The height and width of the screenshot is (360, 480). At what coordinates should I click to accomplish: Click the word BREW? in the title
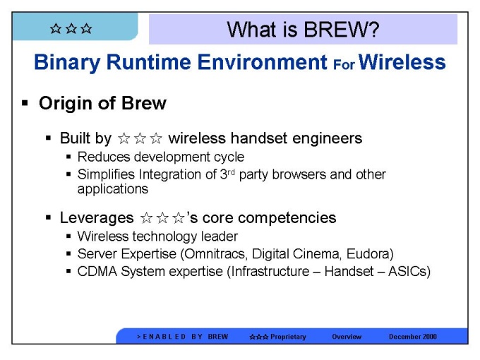[342, 30]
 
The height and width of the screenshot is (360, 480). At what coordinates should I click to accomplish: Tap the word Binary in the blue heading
[67, 63]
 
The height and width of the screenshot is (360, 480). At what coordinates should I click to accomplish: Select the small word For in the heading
[344, 65]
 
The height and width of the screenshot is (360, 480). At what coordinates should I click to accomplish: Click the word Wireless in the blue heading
[402, 62]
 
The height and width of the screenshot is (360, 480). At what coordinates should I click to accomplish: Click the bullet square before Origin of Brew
[25, 103]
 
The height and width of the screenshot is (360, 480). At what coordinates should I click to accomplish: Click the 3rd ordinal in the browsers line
[227, 174]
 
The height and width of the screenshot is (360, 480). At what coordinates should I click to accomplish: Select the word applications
[113, 189]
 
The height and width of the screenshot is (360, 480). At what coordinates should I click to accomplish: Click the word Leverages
[97, 218]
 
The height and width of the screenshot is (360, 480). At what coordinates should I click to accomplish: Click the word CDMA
[97, 271]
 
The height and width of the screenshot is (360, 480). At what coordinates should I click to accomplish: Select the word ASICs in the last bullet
[409, 272]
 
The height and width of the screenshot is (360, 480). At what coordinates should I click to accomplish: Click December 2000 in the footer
[413, 337]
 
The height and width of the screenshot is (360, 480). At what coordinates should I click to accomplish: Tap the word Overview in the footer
[347, 337]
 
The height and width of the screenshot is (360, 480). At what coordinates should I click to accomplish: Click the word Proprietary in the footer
[288, 337]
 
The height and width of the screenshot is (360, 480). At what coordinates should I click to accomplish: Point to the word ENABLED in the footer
[164, 337]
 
